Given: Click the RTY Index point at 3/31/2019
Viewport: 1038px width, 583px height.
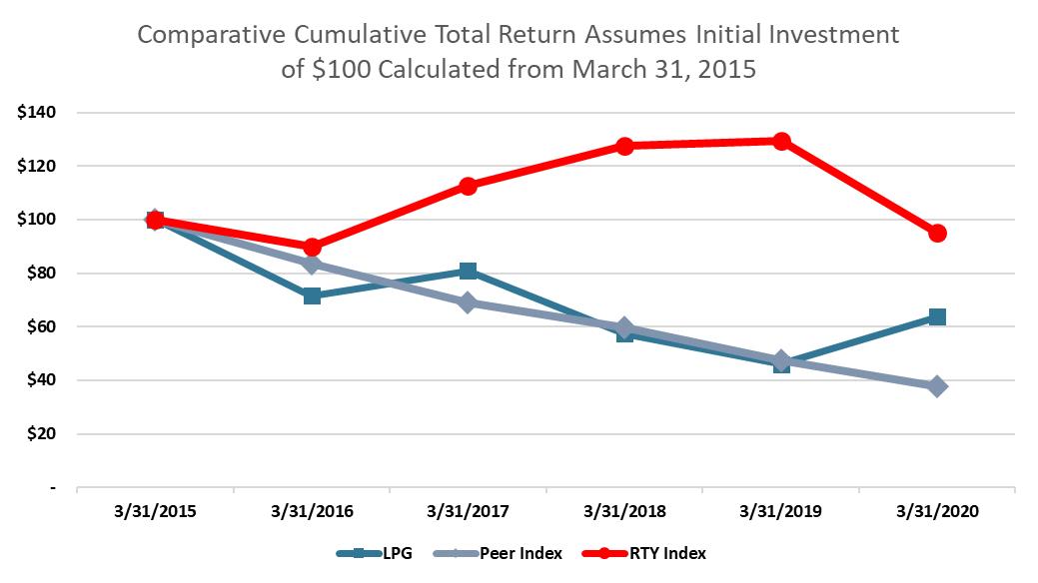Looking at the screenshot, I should (781, 141).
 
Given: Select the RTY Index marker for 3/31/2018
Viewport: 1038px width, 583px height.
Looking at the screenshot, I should (624, 146).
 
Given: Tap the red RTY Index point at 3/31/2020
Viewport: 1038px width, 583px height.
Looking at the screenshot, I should (937, 233).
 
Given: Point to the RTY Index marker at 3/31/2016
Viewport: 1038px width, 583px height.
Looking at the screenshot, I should (312, 247).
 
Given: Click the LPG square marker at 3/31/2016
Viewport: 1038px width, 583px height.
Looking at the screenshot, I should (312, 295).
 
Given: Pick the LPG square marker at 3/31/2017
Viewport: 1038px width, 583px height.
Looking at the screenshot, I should (468, 272).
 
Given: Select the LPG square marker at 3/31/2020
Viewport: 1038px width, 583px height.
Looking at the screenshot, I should (937, 316).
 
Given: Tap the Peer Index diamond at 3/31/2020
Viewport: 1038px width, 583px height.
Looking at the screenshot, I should (937, 386).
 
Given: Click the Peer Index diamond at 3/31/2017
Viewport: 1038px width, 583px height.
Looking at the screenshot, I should (468, 302).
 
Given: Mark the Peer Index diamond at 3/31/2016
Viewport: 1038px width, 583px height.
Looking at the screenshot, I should (312, 265).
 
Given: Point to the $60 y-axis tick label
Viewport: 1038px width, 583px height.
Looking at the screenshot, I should (40, 326).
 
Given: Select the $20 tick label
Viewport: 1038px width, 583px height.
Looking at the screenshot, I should (40, 434).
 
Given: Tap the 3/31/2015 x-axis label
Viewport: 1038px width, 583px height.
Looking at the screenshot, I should (156, 512).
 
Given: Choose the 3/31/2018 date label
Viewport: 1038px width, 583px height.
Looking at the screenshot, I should (624, 512).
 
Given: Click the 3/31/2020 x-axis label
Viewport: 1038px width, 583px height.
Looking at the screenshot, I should (937, 512).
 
